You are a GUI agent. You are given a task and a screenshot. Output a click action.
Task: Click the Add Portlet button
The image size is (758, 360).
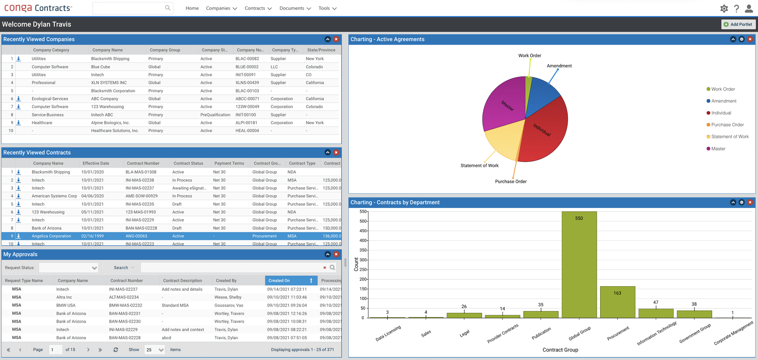pyautogui.click(x=738, y=24)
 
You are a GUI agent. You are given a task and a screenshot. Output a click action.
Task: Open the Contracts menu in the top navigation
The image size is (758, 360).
pyautogui.click(x=258, y=8)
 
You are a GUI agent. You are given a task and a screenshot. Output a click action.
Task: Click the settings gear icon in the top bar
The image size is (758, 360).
pyautogui.click(x=724, y=8)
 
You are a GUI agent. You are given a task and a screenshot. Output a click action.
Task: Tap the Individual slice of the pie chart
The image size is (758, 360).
pyautogui.click(x=545, y=134)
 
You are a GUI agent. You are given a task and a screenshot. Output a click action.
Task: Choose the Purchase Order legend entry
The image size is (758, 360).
pyautogui.click(x=727, y=125)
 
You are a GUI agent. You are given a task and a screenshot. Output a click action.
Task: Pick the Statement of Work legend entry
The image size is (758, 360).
pyautogui.click(x=730, y=137)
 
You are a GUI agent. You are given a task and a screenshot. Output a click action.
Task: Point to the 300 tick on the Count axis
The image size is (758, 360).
pyautogui.click(x=363, y=260)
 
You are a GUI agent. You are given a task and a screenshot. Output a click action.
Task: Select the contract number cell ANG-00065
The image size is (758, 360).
pyautogui.click(x=136, y=236)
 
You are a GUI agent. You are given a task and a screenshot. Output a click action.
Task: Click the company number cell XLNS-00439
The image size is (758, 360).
pyautogui.click(x=247, y=83)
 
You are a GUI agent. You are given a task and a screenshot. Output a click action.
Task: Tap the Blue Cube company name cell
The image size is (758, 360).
pyautogui.click(x=101, y=67)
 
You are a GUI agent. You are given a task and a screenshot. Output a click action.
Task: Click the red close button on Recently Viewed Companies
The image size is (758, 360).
pyautogui.click(x=336, y=39)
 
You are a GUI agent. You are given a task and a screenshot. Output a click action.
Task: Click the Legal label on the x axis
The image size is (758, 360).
pyautogui.click(x=464, y=333)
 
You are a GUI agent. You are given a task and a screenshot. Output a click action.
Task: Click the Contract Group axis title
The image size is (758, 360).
pyautogui.click(x=560, y=350)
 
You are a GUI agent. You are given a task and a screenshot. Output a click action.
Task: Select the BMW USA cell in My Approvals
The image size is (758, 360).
pyautogui.click(x=66, y=305)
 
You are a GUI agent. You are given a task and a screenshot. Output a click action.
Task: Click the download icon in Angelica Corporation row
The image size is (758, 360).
pyautogui.click(x=19, y=236)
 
